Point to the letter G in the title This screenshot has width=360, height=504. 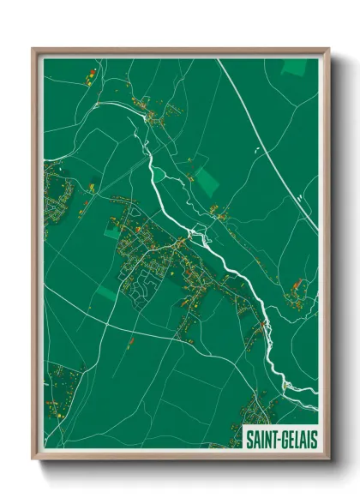coord(285,438)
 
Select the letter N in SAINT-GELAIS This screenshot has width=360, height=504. coord(268,438)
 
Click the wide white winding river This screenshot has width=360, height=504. coord(225,261)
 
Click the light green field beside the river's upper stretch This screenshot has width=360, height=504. coord(207,181)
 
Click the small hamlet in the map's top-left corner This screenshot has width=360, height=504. coord(89,79)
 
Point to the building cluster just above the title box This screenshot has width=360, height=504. coord(261,407)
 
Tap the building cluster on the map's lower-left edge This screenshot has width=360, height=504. coord(60,386)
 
